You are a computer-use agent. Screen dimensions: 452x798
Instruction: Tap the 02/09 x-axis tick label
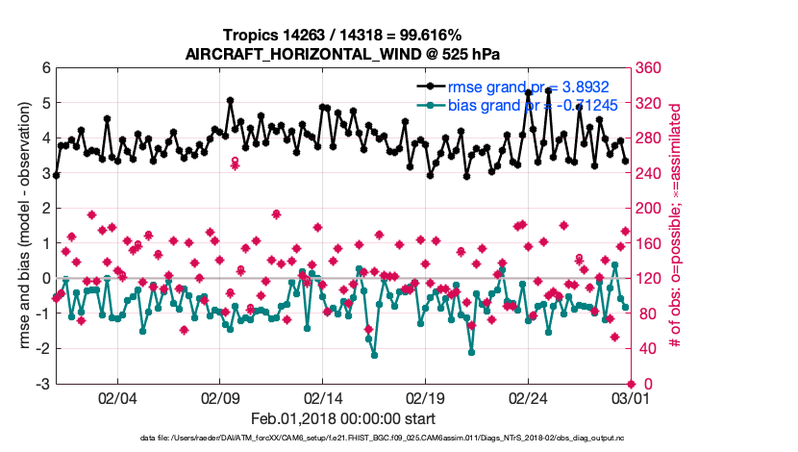pyautogui.click(x=220, y=397)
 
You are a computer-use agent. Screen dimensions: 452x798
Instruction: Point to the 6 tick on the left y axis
pyautogui.click(x=45, y=67)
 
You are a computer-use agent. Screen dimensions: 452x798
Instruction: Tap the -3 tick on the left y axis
pyautogui.click(x=42, y=384)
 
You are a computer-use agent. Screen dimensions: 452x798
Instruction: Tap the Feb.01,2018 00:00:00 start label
pyautogui.click(x=342, y=418)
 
